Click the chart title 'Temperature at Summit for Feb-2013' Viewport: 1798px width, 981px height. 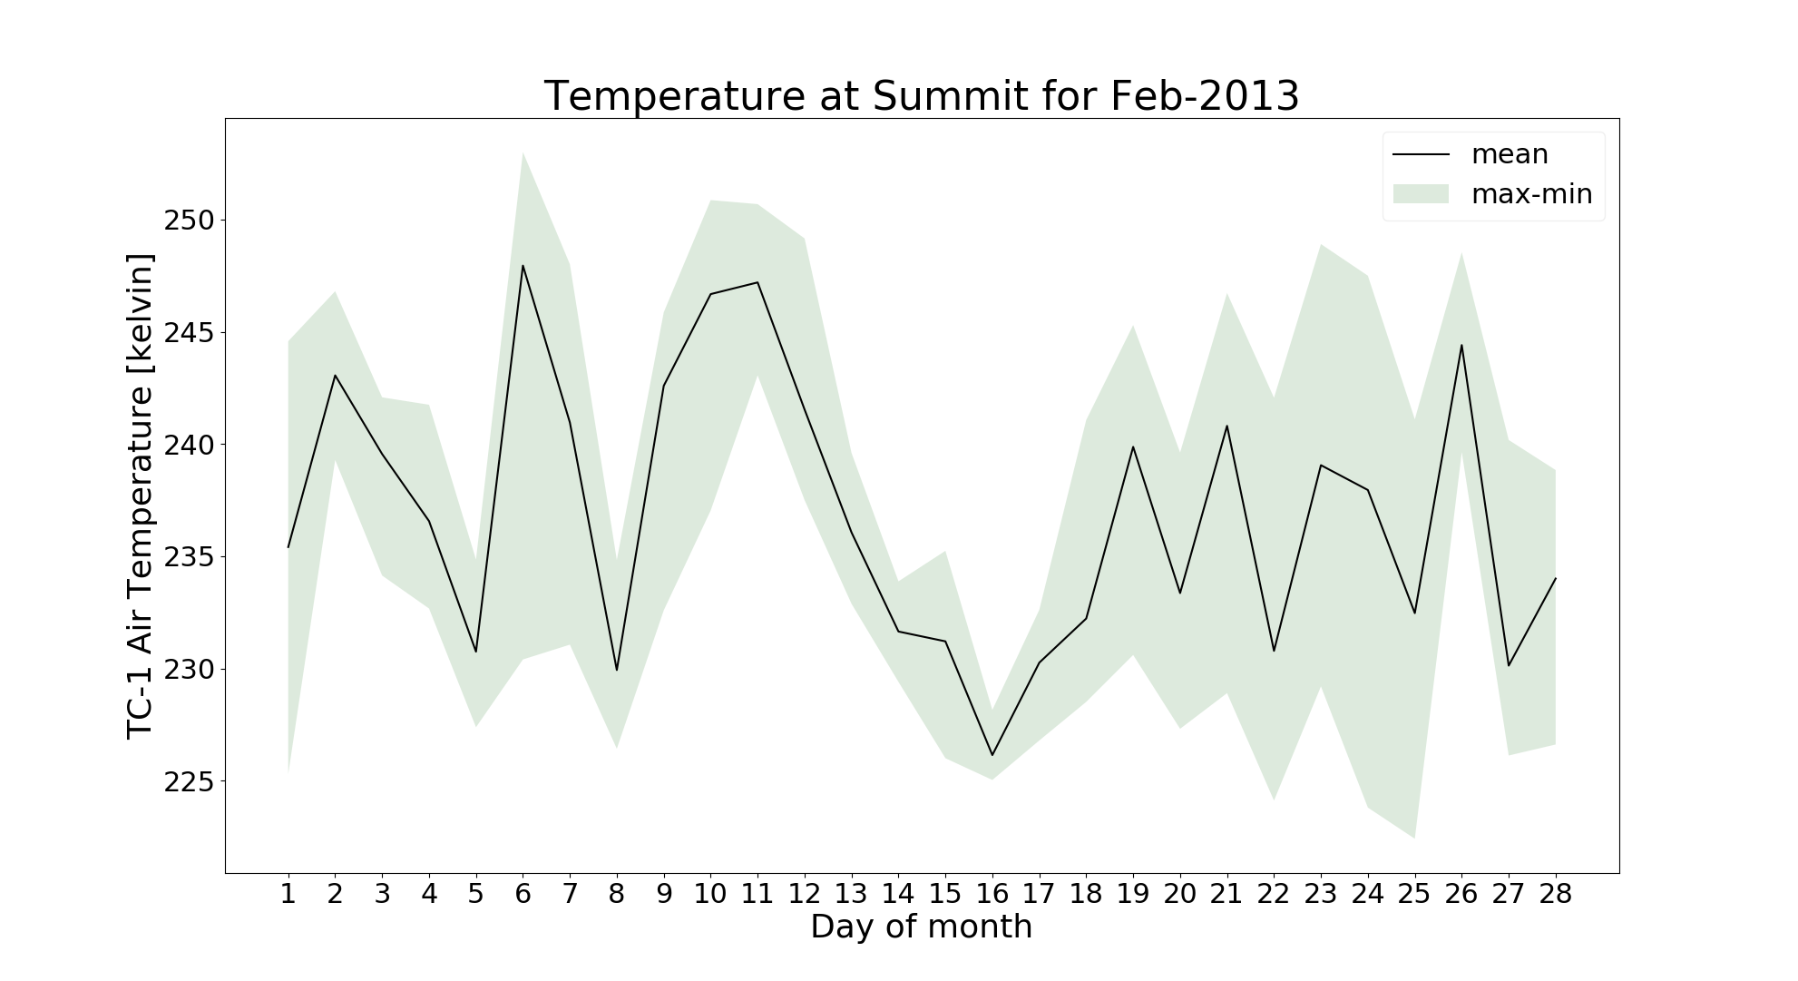point(921,96)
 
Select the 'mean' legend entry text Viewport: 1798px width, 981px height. point(1510,154)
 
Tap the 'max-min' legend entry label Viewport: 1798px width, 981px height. point(1531,194)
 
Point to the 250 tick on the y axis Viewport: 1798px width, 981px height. point(189,221)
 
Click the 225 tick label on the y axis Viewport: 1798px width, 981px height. point(189,781)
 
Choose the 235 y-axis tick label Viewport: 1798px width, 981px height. point(189,557)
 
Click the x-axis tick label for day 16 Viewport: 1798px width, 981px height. point(992,895)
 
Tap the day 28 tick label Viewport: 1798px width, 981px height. point(1555,895)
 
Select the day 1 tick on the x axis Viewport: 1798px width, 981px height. point(288,895)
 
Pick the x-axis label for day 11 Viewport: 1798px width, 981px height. point(757,895)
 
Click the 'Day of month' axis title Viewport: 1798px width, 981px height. point(921,927)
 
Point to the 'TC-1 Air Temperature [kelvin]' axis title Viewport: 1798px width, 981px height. point(140,495)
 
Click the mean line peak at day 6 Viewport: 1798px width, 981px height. point(523,265)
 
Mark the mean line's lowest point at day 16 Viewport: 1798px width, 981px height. point(992,755)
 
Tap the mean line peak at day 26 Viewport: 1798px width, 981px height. point(1461,345)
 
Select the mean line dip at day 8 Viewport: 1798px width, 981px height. point(617,670)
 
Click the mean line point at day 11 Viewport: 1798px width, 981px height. point(757,282)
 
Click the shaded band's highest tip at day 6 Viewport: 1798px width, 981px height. point(523,153)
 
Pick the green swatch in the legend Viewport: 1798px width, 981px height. point(1421,194)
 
